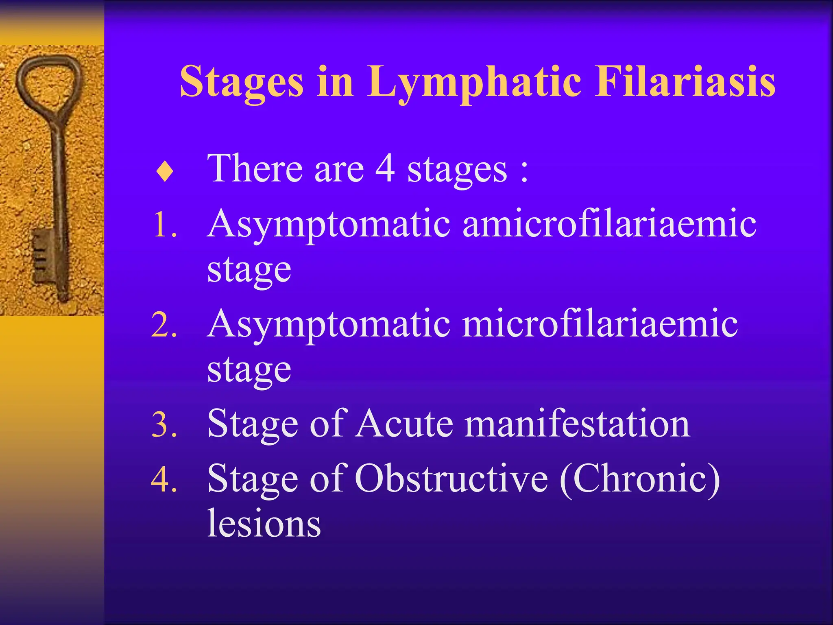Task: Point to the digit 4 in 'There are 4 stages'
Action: (385, 168)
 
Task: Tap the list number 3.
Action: (164, 425)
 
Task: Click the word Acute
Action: (404, 424)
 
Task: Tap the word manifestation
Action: (578, 424)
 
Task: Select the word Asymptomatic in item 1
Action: (329, 225)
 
